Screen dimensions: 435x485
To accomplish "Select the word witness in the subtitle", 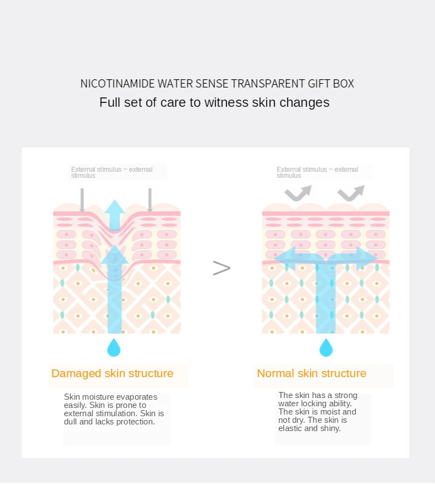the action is click(x=226, y=102).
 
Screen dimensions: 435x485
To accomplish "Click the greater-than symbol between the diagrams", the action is click(x=222, y=268).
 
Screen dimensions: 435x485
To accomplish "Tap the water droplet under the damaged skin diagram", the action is click(x=114, y=347).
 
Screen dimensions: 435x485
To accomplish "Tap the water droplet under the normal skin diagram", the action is click(x=326, y=347).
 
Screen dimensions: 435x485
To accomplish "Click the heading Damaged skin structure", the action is click(x=112, y=373).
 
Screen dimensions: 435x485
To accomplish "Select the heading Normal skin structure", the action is click(x=312, y=373).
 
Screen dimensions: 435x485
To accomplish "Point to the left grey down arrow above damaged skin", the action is click(x=82, y=200).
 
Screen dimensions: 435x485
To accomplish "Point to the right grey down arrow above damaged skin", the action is click(x=149, y=200).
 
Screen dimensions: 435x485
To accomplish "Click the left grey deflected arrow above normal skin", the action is click(x=298, y=193).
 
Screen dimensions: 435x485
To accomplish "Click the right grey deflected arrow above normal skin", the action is click(x=351, y=193).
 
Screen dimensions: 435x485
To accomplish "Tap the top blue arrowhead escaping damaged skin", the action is click(x=115, y=209).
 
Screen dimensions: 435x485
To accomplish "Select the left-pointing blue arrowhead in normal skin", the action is click(x=285, y=258).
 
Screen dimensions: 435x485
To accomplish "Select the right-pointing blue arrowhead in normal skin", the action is click(x=367, y=258).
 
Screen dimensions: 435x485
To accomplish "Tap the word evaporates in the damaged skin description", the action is click(x=137, y=397).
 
